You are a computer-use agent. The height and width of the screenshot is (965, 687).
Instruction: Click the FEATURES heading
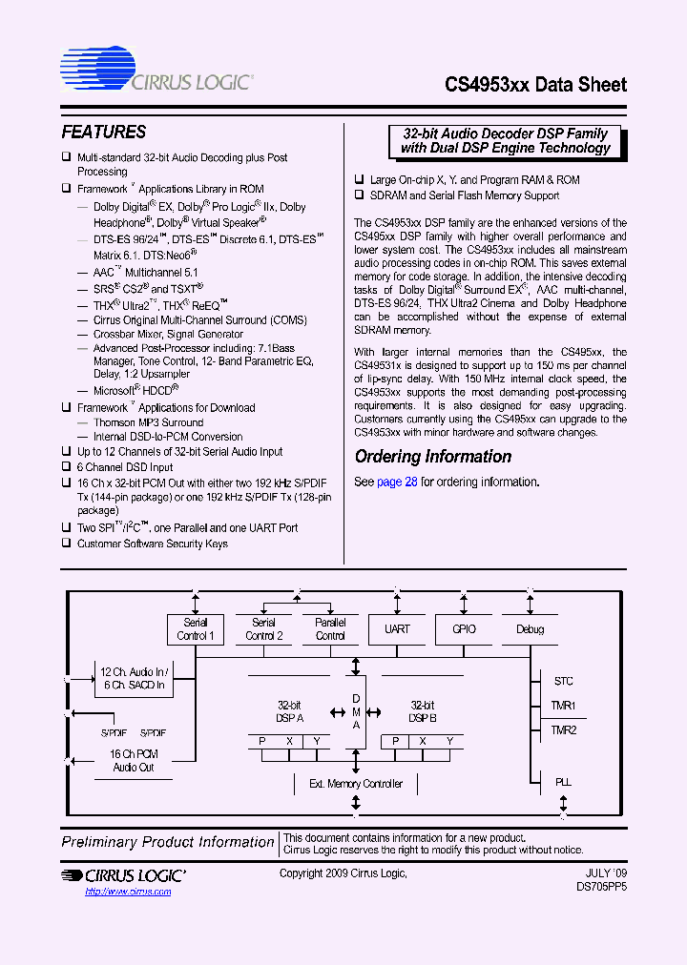104,133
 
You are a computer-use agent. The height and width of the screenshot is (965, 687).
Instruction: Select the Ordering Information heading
433,457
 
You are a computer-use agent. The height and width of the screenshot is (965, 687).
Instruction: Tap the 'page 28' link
397,482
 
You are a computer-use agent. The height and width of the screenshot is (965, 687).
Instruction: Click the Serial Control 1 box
196,629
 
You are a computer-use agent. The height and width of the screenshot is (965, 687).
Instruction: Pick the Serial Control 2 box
263,629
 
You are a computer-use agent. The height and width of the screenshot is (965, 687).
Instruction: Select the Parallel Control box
330,629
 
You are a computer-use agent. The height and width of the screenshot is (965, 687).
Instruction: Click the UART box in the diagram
397,629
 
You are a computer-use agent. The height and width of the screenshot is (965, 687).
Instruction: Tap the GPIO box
463,629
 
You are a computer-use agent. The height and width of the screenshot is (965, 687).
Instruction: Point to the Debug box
530,629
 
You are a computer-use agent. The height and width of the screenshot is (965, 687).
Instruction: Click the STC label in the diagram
564,682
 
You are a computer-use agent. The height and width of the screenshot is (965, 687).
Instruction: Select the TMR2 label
564,729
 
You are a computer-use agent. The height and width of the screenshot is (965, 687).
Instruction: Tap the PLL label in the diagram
564,782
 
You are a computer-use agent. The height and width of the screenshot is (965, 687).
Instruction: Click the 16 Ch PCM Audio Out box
134,760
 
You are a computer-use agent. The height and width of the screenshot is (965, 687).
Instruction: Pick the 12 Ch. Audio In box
134,677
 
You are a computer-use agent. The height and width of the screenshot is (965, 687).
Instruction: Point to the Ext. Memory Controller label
356,784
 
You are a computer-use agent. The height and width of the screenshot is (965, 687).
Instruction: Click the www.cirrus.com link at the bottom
128,892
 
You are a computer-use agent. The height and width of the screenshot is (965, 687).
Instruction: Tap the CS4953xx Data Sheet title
535,84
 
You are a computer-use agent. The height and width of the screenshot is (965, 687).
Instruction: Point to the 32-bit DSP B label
423,711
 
